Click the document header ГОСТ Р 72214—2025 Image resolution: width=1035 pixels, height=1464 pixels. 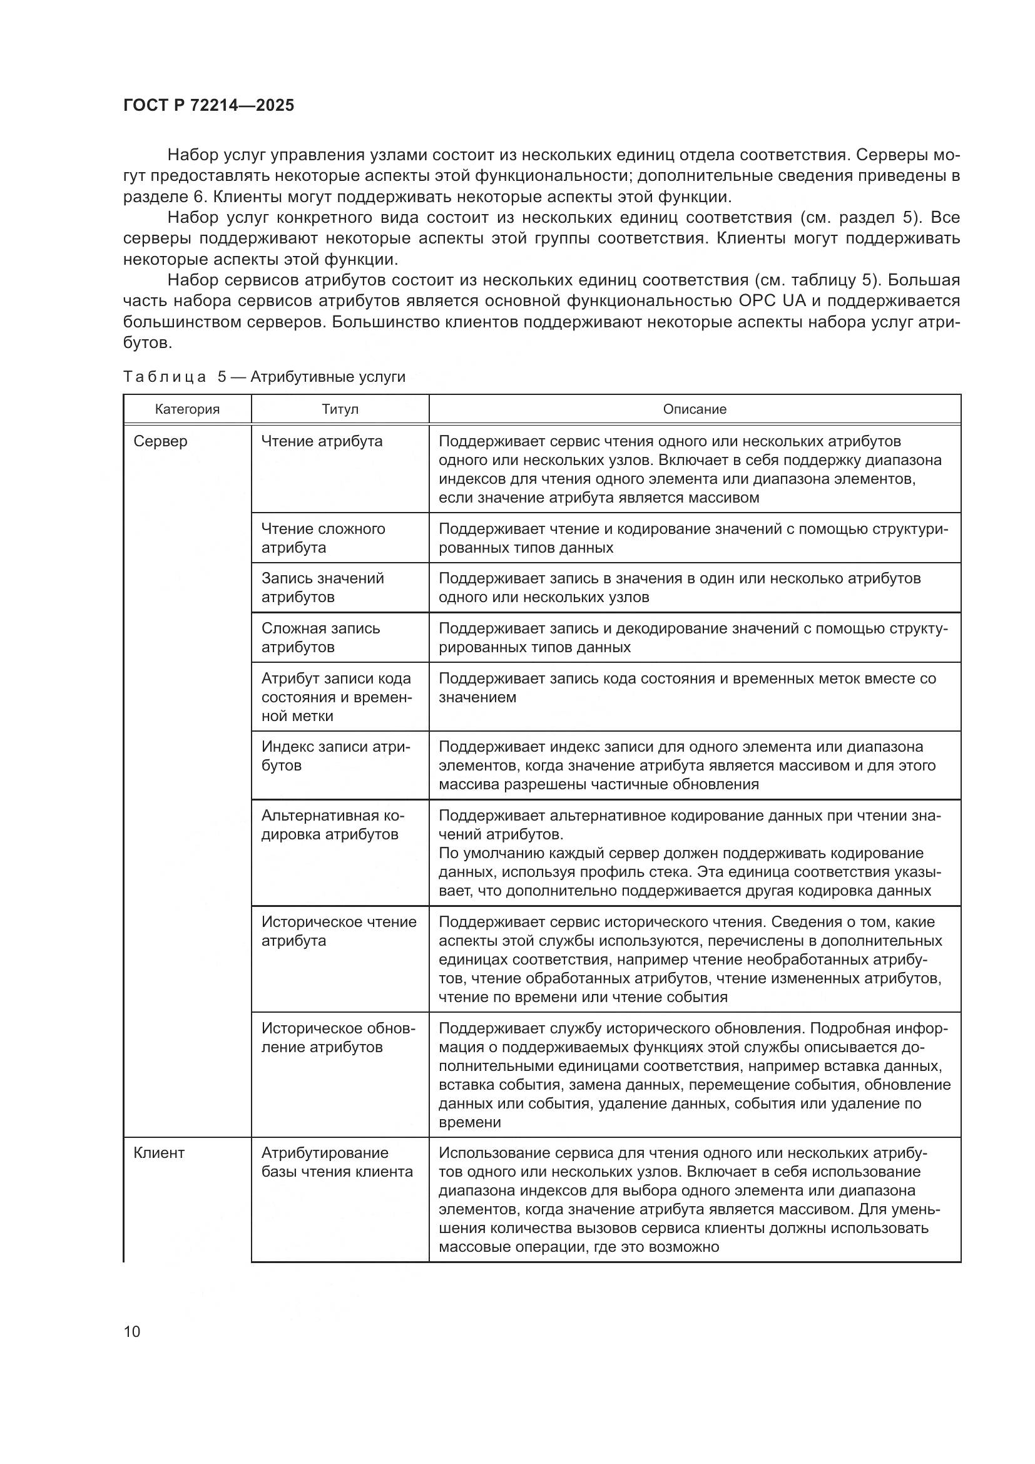pos(208,105)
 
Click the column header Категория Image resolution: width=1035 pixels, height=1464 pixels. pos(186,409)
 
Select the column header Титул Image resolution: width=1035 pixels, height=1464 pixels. pos(340,409)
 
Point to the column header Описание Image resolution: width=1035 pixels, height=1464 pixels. pos(694,409)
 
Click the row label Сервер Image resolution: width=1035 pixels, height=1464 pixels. pos(161,441)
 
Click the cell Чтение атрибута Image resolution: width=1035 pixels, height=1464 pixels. pos(322,441)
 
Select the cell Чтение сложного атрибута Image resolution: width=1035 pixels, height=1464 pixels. pos(323,538)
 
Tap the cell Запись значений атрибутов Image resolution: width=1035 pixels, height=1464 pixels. pos(322,587)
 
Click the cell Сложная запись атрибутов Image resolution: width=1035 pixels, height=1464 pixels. pos(320,638)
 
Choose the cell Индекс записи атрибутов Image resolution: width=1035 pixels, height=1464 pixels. pos(336,755)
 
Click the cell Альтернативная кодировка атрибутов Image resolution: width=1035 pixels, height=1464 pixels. pos(333,825)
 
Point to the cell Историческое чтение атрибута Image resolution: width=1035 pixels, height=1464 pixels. pos(339,931)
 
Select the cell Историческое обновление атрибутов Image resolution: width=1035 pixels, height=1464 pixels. pos(338,1037)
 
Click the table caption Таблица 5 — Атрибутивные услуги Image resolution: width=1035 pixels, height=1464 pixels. pos(264,377)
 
